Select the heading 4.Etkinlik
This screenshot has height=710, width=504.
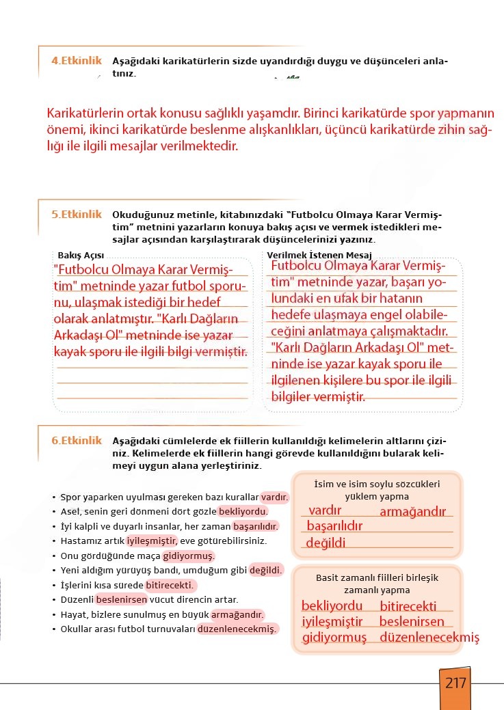point(76,60)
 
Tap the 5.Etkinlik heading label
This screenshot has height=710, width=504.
point(76,214)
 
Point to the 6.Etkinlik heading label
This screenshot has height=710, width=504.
point(76,441)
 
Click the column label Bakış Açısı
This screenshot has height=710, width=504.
point(76,255)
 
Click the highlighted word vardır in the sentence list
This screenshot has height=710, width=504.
point(274,497)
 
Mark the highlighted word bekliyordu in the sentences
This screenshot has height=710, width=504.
point(243,512)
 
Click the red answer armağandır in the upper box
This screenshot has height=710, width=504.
point(412,512)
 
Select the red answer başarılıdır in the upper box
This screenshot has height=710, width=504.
point(334,526)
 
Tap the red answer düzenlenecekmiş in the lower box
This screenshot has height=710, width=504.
point(429,638)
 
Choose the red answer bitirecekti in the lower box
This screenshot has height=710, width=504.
point(408,606)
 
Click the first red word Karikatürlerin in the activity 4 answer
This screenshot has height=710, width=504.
point(87,113)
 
